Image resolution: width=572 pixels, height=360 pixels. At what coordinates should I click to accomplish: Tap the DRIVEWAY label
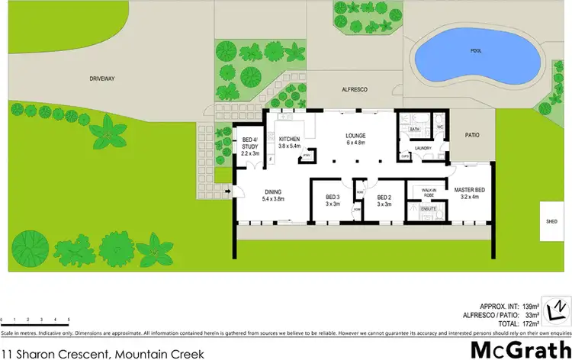pos(101,78)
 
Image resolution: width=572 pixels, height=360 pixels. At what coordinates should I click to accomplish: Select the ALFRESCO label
pos(353,89)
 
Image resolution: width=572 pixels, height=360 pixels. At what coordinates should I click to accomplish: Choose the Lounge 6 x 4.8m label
pos(355,138)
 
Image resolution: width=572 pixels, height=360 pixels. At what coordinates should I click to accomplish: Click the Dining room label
pos(273,195)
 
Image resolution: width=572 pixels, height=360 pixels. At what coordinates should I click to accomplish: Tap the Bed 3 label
pos(333,201)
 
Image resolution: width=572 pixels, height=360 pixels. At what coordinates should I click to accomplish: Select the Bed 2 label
pos(384,201)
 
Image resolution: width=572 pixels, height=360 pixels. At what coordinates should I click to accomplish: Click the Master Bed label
pos(470,194)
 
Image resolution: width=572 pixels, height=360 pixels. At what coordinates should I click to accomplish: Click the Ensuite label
pos(429,207)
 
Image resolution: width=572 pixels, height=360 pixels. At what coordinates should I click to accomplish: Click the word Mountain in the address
pos(140,352)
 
